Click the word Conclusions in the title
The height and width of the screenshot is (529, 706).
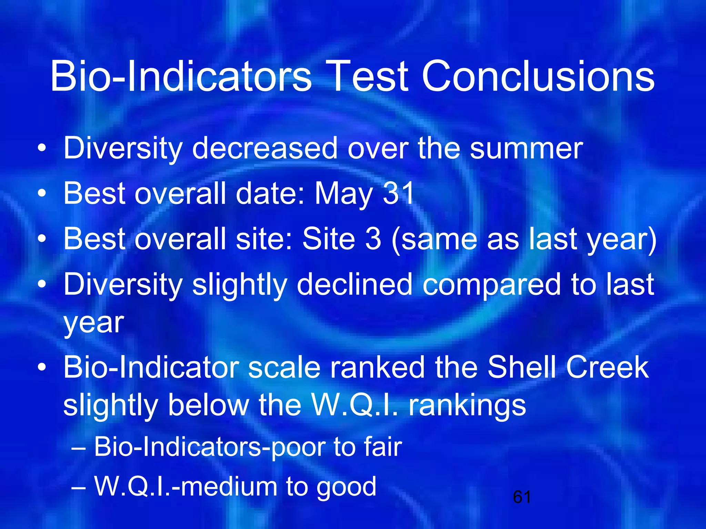538,76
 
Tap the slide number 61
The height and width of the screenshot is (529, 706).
522,497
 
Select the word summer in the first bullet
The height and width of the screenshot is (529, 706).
526,148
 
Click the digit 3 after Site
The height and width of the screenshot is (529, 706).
373,239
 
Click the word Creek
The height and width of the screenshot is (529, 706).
607,367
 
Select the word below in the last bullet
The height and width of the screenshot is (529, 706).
208,405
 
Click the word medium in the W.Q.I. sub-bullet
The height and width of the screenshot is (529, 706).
229,487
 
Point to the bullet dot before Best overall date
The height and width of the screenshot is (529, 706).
42,194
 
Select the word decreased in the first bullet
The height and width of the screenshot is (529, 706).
265,148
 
